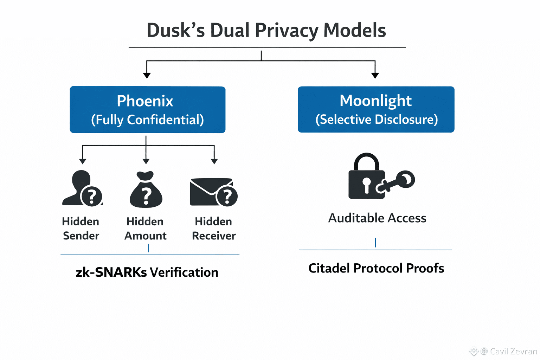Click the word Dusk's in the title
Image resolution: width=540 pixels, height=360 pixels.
click(175, 30)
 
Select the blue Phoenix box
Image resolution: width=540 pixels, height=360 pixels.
click(147, 109)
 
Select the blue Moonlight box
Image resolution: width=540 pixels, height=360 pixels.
click(376, 109)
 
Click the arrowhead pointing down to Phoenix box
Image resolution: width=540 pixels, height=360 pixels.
click(147, 75)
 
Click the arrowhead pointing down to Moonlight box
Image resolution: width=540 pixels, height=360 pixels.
click(375, 75)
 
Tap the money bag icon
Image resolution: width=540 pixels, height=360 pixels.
click(146, 189)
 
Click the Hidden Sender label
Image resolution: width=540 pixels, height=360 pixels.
click(81, 229)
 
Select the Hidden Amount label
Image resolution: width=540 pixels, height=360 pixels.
click(145, 229)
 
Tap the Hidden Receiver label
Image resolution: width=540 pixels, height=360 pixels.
click(214, 229)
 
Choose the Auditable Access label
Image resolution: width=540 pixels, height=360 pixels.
click(377, 218)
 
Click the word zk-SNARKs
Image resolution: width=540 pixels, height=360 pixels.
click(111, 272)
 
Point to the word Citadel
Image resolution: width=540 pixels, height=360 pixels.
click(329, 268)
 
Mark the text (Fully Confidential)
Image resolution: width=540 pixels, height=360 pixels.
click(147, 120)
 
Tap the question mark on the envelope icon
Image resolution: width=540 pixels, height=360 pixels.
click(227, 197)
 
